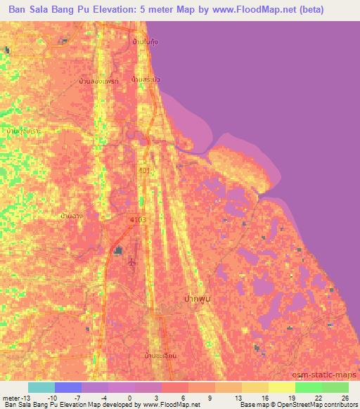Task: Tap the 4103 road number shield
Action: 137,221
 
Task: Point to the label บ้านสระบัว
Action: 146,79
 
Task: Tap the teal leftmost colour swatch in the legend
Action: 41,387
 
